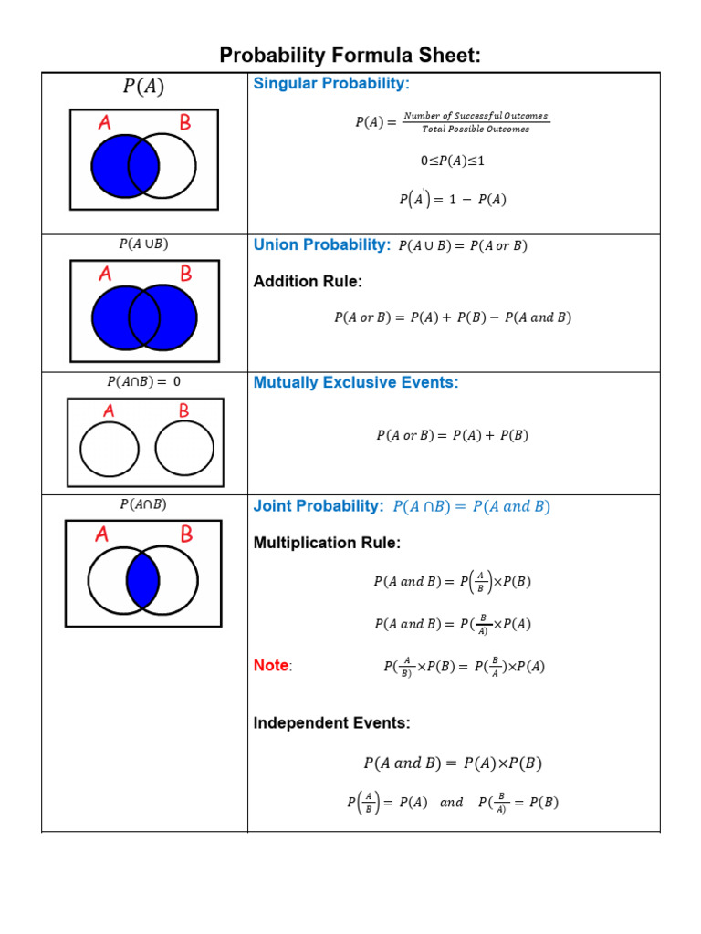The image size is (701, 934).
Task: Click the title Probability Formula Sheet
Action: [350, 56]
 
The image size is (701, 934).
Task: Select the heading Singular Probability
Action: [331, 84]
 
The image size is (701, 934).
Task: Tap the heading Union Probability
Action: [321, 244]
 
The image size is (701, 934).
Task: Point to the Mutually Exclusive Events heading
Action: [355, 382]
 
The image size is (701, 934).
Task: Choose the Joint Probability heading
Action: [318, 506]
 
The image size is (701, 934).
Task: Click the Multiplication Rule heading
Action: [326, 543]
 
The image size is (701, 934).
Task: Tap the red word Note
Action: [271, 666]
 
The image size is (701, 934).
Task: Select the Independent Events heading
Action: [331, 723]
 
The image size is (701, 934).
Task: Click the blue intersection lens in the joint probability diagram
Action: [143, 580]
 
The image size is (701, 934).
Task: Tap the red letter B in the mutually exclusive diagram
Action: [183, 411]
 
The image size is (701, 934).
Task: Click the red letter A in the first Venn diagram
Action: [105, 123]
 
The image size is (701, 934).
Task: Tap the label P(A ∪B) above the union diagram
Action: [143, 244]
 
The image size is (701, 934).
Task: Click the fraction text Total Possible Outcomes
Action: [476, 129]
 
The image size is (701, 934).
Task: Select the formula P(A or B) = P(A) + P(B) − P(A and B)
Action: [453, 317]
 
